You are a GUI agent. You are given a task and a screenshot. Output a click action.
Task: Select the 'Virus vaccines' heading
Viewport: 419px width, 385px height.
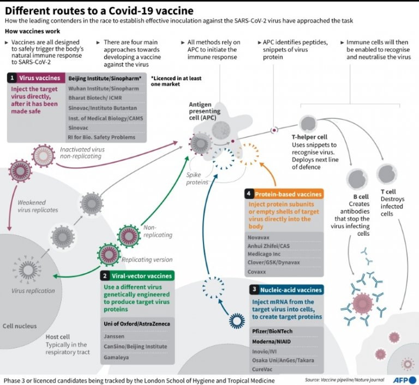tap(39, 78)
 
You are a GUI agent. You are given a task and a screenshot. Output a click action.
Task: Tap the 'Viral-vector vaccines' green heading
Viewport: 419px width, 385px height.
tap(141, 276)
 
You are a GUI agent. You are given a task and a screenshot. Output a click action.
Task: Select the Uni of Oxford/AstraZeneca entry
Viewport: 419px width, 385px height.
tap(136, 323)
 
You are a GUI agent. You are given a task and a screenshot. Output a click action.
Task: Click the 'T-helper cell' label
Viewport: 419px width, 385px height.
tap(309, 137)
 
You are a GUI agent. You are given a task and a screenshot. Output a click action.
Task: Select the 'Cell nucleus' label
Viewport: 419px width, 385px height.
tap(20, 326)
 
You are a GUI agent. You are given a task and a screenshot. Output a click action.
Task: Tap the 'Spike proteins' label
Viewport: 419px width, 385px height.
tap(197, 178)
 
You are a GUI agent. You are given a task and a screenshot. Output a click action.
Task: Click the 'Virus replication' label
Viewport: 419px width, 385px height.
tap(33, 291)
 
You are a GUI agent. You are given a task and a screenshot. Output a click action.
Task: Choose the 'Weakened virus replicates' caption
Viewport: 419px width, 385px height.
tap(37, 206)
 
